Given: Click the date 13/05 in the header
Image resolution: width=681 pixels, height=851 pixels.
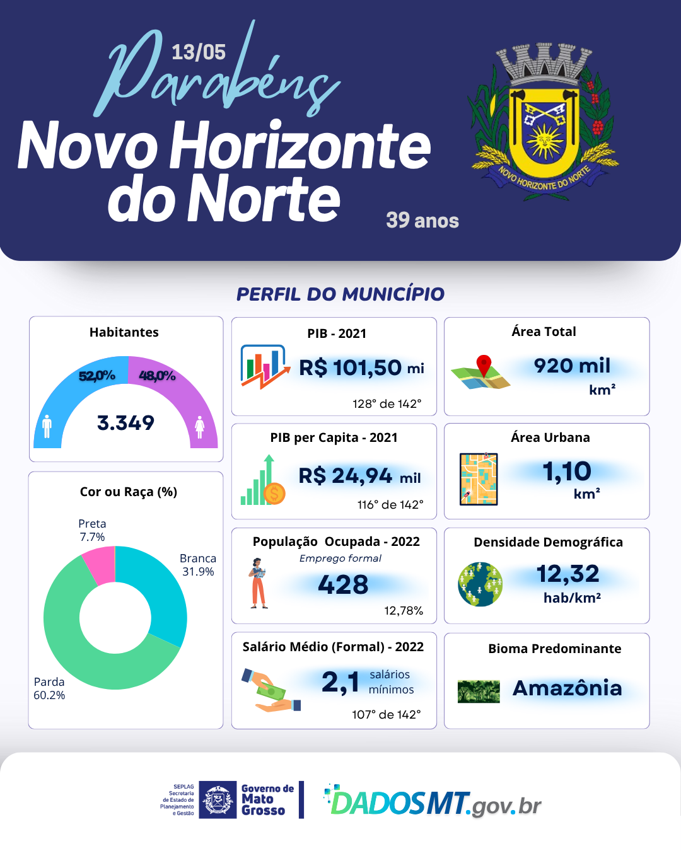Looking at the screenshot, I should point(198,52).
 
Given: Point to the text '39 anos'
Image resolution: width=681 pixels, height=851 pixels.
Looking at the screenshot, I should point(422,221).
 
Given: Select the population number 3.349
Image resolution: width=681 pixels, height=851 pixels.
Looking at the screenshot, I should point(125,423).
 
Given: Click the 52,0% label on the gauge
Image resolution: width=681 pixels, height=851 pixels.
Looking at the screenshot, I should point(96,376).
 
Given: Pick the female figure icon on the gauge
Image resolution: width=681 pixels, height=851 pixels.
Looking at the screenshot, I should point(200,427).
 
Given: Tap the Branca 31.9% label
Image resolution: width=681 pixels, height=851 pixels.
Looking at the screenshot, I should point(198,565).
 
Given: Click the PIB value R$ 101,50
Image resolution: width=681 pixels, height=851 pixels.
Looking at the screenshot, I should point(351,368).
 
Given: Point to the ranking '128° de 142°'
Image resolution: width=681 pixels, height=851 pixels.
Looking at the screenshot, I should point(387,403).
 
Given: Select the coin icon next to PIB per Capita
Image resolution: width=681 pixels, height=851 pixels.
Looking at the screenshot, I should point(274,493).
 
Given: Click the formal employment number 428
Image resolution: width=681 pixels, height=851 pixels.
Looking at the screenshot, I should point(343,585).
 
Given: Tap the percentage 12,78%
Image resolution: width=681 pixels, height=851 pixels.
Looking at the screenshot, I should point(404,610).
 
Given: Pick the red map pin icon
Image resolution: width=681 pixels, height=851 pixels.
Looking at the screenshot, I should point(484,365).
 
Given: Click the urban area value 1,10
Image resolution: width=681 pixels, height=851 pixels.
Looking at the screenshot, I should point(567,472).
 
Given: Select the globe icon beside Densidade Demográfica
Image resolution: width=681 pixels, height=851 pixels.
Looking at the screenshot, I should point(480,584).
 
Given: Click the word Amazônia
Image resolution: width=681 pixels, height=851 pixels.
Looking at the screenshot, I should point(567,688).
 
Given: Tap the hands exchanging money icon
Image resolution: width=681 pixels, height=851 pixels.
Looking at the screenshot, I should point(271,690).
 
